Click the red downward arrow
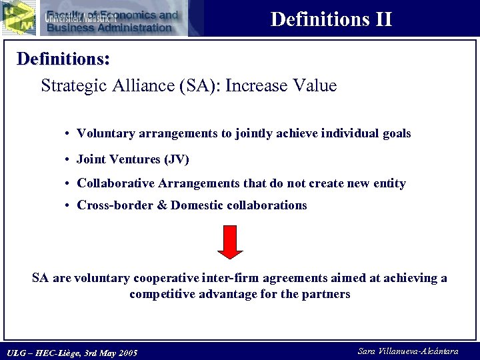230,241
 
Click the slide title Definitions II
331,19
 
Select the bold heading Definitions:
63,59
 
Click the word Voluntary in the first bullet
106,133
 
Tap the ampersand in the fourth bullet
162,205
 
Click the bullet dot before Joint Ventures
69,160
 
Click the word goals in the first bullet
397,133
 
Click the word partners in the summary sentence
326,294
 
